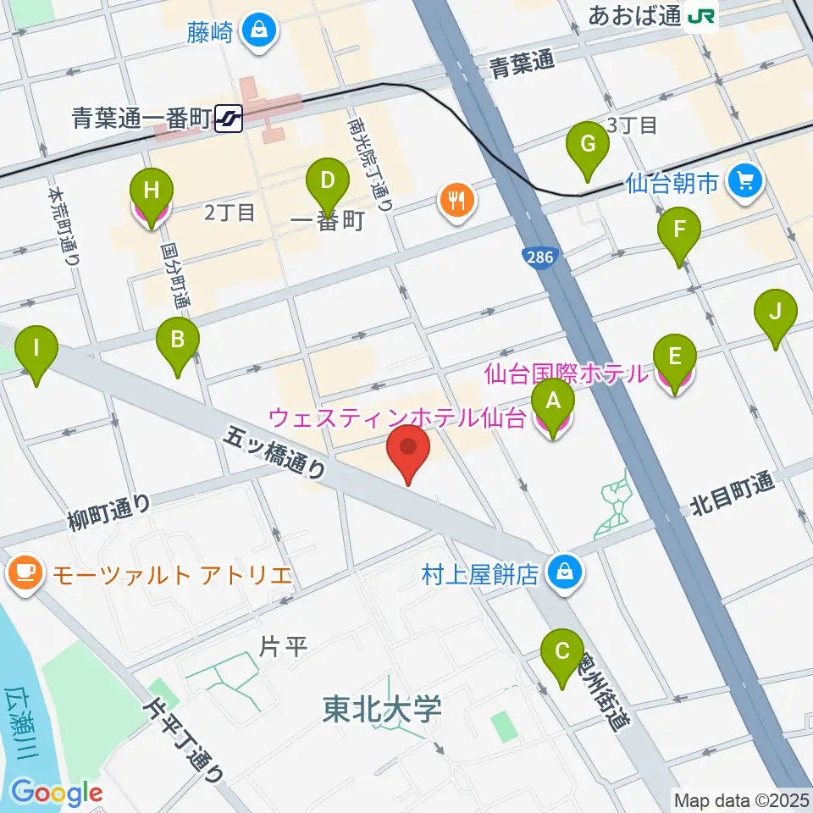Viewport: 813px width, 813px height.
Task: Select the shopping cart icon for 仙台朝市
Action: click(745, 180)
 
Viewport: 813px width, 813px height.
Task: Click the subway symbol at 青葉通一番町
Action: click(229, 119)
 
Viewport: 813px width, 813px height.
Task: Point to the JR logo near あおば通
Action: click(701, 14)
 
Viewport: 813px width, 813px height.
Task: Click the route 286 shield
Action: click(535, 253)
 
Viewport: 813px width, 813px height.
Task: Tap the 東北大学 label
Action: click(383, 710)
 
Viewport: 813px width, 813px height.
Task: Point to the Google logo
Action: click(56, 793)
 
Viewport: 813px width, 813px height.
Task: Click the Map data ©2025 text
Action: click(740, 799)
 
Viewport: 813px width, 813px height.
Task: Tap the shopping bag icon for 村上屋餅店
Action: click(561, 573)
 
